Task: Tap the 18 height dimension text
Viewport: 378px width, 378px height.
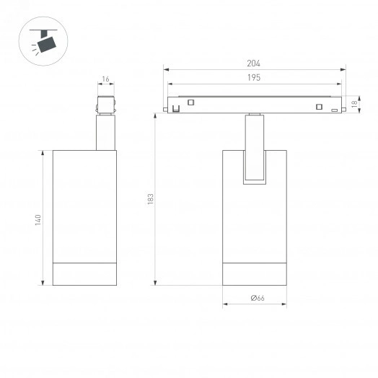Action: coord(354,105)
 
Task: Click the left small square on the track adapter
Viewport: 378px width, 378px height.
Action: coord(191,102)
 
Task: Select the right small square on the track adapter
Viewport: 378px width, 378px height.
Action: coord(317,107)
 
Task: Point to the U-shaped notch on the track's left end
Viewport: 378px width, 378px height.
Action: coord(175,109)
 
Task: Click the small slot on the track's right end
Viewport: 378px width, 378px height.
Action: coord(334,109)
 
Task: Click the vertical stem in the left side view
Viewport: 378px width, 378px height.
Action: coord(105,133)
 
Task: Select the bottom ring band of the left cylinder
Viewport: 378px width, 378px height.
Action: coord(84,273)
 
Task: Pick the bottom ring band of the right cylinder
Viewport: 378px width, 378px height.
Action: coord(255,273)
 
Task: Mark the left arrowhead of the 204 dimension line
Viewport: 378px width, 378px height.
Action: coord(167,70)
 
